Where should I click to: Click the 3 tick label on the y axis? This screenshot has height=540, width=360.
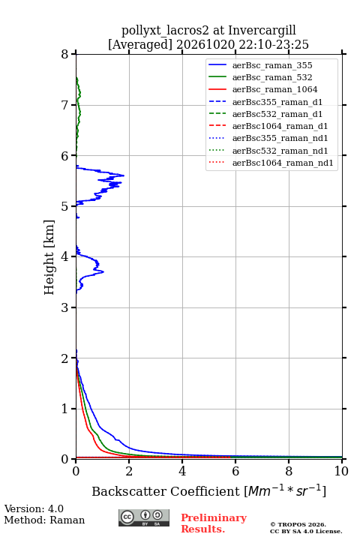pos(64,307)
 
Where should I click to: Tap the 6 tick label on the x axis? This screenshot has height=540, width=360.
pos(235,471)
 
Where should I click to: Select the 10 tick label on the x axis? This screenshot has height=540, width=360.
pos(341,471)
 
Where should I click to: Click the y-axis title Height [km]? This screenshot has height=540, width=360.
pos(49,257)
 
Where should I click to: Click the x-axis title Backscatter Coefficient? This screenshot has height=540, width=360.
pos(165,491)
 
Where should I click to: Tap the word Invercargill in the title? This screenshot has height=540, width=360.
pos(262,31)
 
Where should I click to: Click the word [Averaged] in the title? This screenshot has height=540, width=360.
pos(140,45)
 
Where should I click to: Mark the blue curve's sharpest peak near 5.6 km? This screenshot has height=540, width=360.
pos(124,175)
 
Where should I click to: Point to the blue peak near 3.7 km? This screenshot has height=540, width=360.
pos(103,271)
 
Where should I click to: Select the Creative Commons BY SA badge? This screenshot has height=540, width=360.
pos(144,517)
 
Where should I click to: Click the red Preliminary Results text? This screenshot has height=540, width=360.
pos(214,523)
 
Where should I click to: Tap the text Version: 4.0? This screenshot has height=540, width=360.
pos(34,508)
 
